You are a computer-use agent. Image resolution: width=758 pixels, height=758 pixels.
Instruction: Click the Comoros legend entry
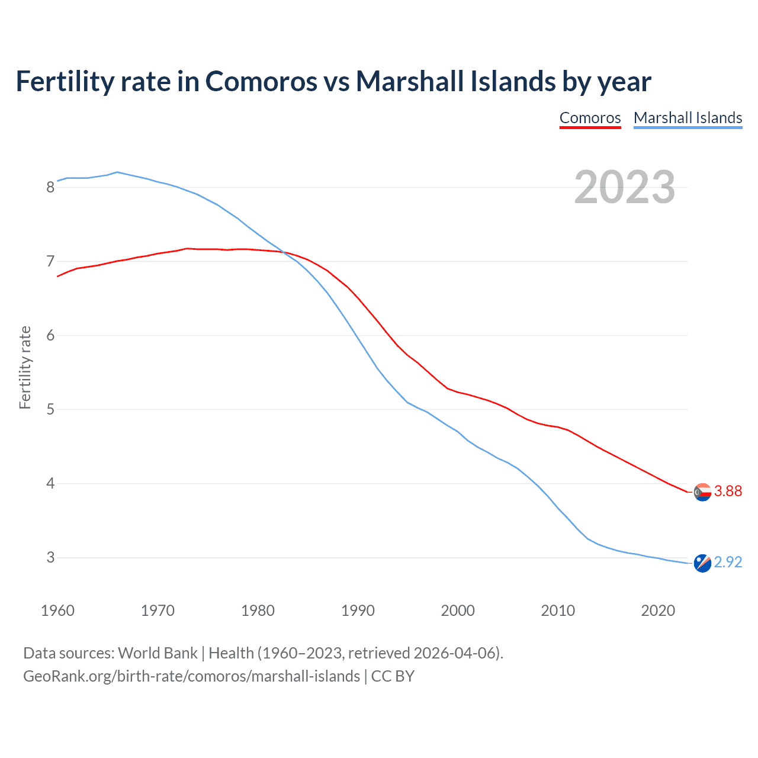[590, 118]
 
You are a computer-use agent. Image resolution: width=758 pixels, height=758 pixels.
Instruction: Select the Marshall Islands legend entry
[688, 118]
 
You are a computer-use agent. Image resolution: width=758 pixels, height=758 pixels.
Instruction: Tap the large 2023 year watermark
[625, 187]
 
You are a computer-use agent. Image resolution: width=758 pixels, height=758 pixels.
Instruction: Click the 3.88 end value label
[728, 491]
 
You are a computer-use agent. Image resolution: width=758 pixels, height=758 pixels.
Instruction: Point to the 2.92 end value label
[728, 562]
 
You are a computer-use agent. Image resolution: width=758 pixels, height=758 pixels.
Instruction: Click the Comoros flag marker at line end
[702, 492]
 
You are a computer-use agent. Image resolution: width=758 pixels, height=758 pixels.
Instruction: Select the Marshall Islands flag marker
[702, 563]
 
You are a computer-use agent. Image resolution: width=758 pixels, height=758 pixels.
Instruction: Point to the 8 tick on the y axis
[50, 187]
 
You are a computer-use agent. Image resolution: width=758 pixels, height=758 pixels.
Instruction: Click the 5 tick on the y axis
[50, 409]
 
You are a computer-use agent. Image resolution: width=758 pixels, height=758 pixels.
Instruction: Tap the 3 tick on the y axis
[50, 557]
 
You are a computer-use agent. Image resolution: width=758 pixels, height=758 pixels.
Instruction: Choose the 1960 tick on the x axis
[57, 611]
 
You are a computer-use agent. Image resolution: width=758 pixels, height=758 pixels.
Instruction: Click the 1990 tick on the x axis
[358, 611]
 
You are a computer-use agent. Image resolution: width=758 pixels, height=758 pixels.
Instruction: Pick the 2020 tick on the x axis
[658, 611]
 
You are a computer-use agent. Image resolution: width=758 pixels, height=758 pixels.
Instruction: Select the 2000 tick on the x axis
[458, 611]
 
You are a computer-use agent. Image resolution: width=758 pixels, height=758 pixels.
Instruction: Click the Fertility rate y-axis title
[25, 367]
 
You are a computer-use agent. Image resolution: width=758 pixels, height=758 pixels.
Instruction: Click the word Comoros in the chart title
[261, 81]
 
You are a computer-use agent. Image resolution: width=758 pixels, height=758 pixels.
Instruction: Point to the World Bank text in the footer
[158, 653]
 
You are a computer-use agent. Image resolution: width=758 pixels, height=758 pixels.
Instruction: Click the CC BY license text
[393, 676]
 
